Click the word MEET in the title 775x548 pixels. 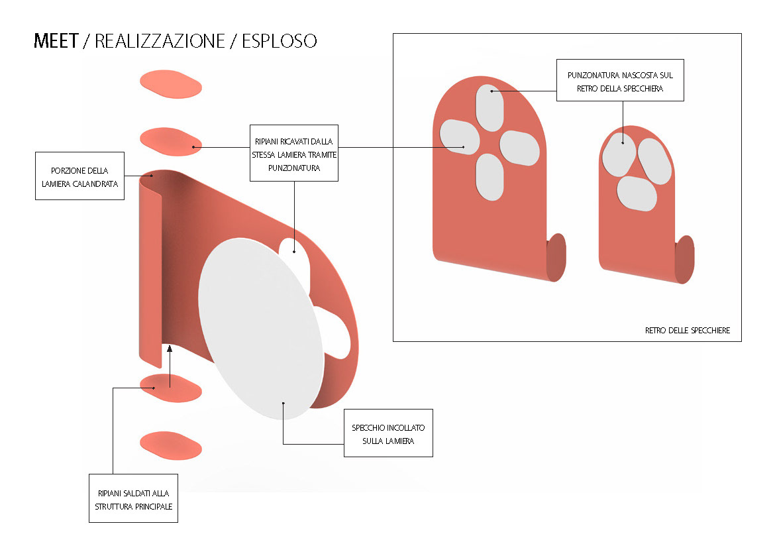(56, 41)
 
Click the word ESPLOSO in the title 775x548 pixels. (279, 41)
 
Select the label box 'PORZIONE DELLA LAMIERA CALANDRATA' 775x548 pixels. (79, 176)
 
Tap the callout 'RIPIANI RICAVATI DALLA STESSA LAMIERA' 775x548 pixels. (294, 153)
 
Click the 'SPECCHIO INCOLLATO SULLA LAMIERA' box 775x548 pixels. (388, 433)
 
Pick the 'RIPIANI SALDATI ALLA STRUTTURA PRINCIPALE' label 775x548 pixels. (133, 498)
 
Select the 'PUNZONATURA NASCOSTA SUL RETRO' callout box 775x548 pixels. (620, 82)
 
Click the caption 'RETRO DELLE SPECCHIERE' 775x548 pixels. (687, 330)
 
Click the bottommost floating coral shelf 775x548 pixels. (170, 445)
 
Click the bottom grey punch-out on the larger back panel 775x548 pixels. (490, 177)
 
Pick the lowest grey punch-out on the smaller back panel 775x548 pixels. (637, 192)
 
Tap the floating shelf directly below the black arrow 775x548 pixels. (170, 387)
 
